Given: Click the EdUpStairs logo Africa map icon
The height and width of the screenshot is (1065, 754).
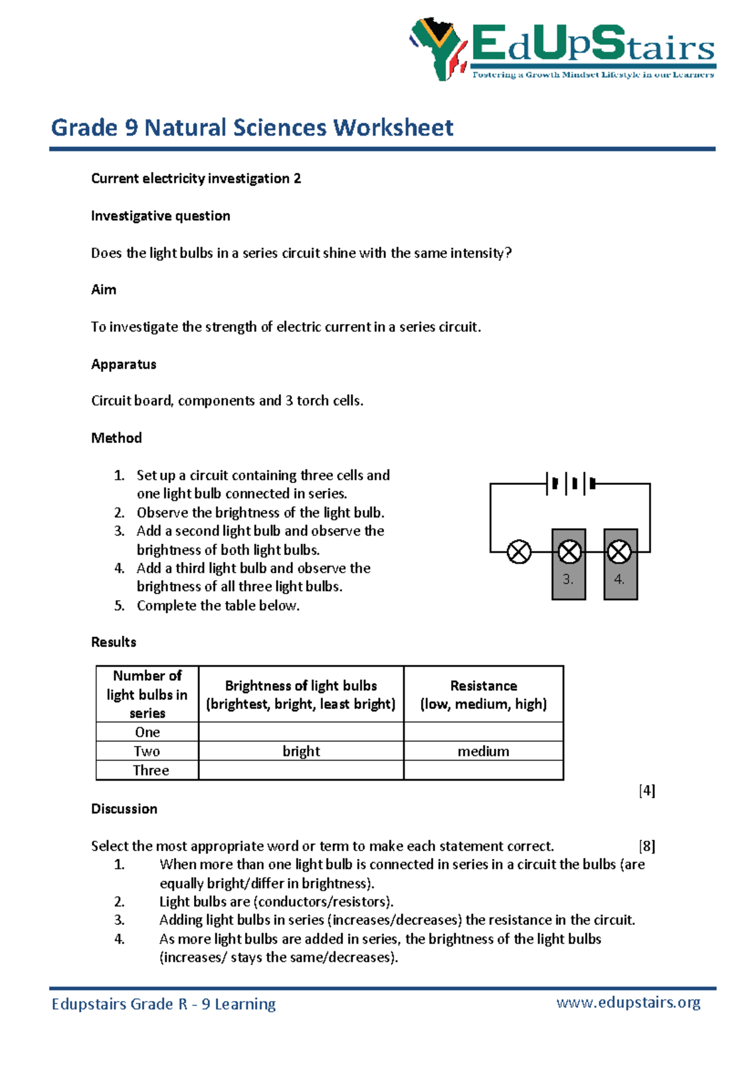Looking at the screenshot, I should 438,48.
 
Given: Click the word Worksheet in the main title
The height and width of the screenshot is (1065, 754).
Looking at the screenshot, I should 393,127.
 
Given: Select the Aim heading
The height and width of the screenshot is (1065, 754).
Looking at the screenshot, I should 104,289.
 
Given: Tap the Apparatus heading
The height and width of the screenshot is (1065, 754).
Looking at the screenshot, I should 124,364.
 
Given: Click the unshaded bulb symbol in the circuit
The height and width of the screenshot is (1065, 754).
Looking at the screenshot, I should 519,552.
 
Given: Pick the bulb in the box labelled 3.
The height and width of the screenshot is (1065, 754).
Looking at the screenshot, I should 569,552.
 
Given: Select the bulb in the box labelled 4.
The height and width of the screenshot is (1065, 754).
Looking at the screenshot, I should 619,552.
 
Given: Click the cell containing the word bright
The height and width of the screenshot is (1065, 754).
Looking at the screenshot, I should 301,751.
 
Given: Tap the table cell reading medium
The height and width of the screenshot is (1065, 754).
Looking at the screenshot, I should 483,751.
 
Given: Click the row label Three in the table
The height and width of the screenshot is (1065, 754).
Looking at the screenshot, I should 151,770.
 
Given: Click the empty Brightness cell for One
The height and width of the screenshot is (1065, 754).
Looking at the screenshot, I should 301,732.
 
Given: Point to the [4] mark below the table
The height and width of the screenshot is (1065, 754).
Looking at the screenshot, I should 647,791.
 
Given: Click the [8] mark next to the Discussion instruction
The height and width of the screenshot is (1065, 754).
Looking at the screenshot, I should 647,846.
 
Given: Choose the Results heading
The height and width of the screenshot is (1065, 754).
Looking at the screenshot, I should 114,642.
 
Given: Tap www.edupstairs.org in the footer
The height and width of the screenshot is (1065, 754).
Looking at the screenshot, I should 628,1002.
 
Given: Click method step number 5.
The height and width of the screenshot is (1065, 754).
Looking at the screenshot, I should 119,605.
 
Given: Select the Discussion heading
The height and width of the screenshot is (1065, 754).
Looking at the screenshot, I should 124,809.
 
